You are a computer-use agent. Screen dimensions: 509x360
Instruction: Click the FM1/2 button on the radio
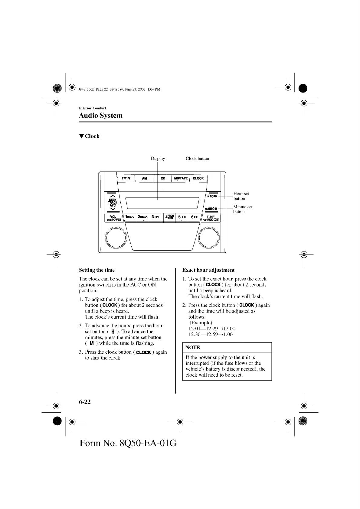click(x=126, y=178)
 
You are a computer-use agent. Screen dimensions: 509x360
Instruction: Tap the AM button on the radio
click(x=144, y=178)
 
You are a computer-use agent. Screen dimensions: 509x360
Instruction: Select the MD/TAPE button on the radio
click(x=181, y=178)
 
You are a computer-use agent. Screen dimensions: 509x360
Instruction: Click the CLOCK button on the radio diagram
click(x=198, y=178)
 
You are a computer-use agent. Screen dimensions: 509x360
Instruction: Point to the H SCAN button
click(x=212, y=196)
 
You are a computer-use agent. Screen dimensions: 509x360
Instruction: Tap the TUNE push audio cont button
click(x=211, y=218)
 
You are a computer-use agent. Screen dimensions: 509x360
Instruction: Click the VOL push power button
click(x=113, y=218)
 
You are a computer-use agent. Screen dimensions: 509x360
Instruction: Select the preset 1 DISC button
click(x=130, y=217)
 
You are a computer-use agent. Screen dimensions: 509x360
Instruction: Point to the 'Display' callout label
click(x=158, y=158)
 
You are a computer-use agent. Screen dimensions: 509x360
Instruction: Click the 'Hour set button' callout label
click(x=241, y=196)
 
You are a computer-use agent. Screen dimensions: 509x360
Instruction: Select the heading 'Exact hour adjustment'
click(x=208, y=270)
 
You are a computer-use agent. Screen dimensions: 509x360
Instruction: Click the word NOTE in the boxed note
click(x=193, y=348)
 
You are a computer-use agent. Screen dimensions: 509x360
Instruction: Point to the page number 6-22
click(x=85, y=402)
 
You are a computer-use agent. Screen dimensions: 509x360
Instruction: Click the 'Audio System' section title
click(x=101, y=115)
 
